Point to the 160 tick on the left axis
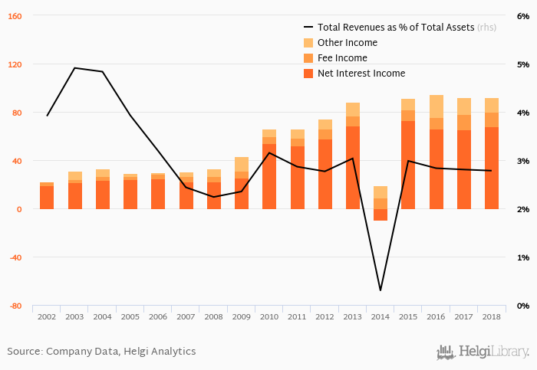tap(14, 16)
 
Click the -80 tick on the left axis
tap(14, 306)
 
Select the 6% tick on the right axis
tap(523, 16)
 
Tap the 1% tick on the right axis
tap(523, 257)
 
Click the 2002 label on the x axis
tap(47, 316)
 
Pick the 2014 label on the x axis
tap(381, 316)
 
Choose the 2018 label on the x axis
tap(492, 316)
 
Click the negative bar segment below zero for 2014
tap(381, 214)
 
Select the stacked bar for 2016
tap(436, 153)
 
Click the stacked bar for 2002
tap(47, 196)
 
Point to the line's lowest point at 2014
tap(381, 290)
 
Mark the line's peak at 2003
tap(74, 68)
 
